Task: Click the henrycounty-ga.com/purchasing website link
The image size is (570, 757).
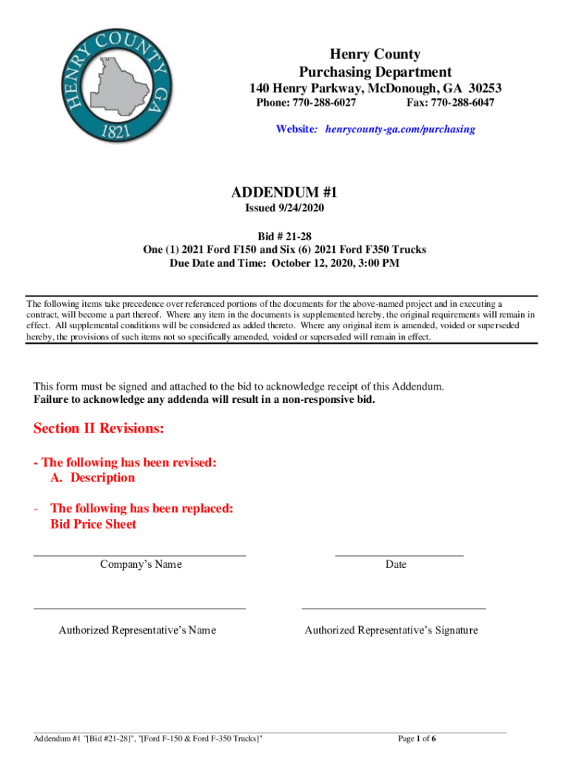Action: (x=397, y=129)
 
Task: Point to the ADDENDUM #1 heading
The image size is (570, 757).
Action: (x=284, y=192)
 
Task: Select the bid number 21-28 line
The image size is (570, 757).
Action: (x=284, y=236)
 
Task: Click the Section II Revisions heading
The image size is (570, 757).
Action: (x=98, y=429)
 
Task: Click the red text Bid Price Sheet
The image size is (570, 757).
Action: (x=93, y=524)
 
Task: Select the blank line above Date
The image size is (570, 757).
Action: (x=399, y=554)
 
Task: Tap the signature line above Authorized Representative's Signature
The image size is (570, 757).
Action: (x=393, y=608)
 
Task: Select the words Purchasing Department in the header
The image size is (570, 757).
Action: (x=375, y=72)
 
